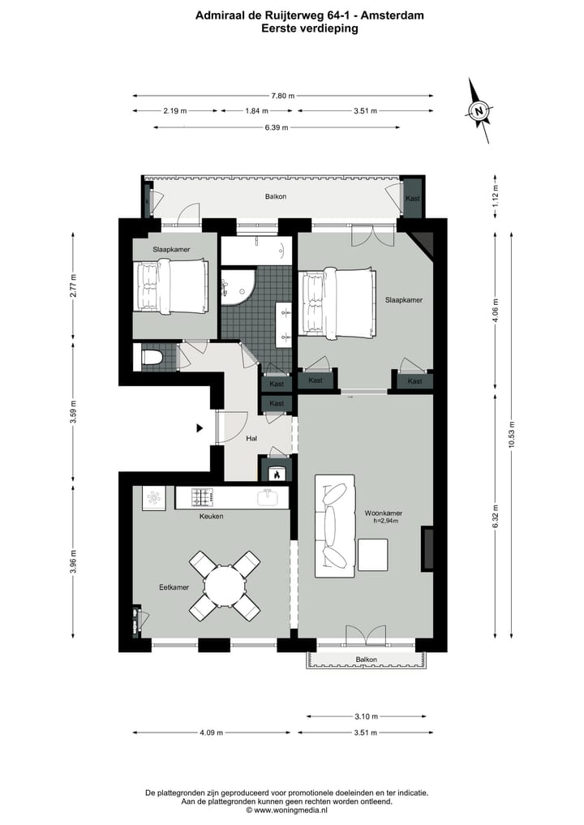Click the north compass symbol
(x=480, y=110)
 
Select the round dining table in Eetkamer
(x=225, y=584)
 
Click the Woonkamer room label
(x=384, y=513)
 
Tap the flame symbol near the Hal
(x=276, y=474)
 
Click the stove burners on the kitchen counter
(x=201, y=496)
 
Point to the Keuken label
(x=212, y=517)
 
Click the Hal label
(x=252, y=439)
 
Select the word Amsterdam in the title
(x=393, y=15)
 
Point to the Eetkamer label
(x=174, y=587)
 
